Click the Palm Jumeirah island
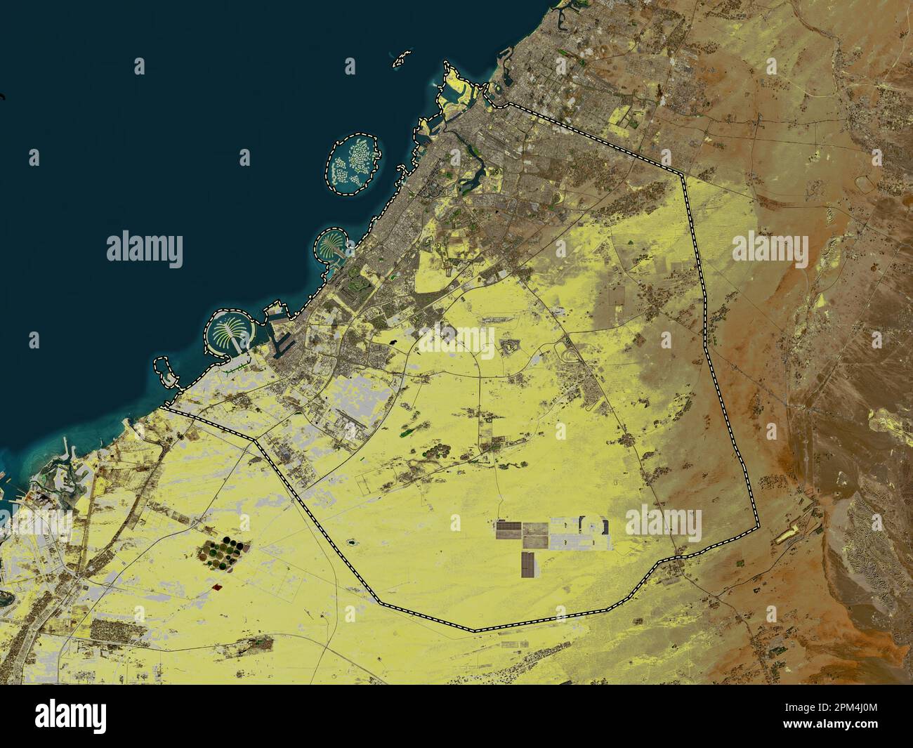coord(329,245)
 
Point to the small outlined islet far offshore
coord(401,58)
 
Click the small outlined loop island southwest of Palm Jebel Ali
coord(166,372)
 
